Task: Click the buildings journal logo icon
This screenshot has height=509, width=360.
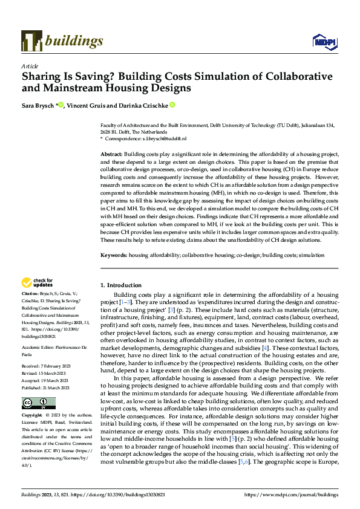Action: [x=31, y=41]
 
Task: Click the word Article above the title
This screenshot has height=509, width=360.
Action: [x=30, y=66]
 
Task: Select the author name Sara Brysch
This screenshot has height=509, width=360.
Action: [x=38, y=105]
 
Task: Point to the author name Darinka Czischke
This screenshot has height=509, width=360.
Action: [x=143, y=105]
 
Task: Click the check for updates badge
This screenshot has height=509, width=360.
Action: [x=38, y=282]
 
